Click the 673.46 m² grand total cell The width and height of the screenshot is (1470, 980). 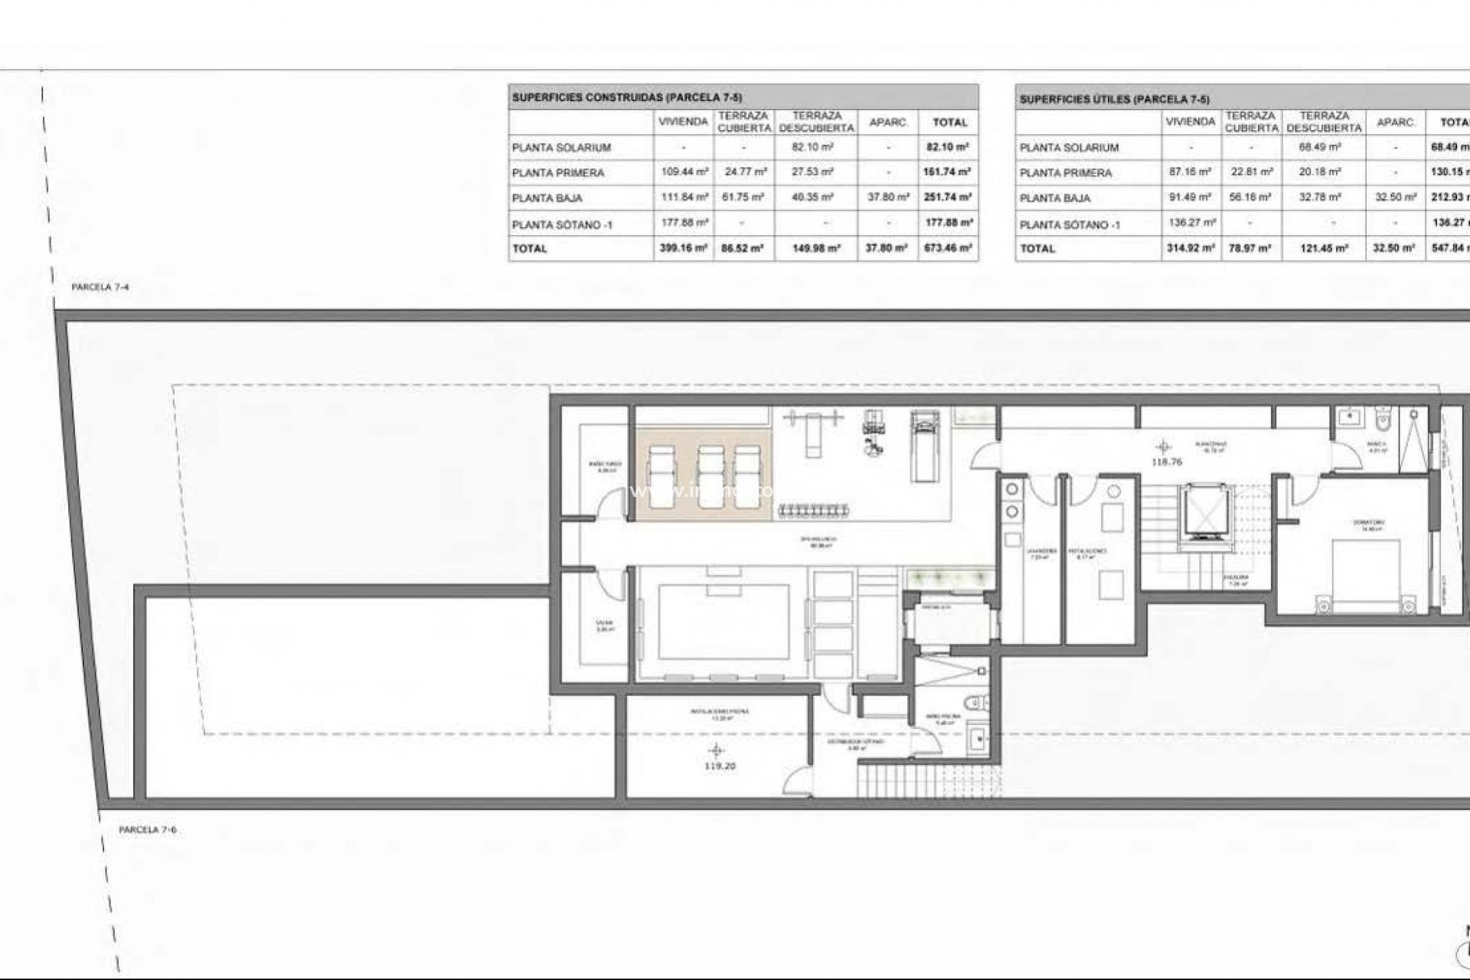[x=948, y=248]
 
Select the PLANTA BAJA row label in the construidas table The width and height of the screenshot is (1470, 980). [x=547, y=198]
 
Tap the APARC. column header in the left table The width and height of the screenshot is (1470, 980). [x=888, y=122]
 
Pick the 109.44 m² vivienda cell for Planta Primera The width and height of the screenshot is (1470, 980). [x=684, y=172]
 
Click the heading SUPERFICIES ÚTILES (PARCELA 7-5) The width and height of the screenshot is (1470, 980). [x=1114, y=100]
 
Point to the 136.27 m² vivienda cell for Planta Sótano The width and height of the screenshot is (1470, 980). [x=1190, y=223]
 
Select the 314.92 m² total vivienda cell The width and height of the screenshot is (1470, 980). [x=1190, y=248]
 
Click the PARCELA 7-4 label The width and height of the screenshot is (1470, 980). [x=100, y=287]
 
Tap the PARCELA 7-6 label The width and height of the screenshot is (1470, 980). [x=148, y=830]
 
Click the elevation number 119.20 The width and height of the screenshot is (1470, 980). [x=718, y=766]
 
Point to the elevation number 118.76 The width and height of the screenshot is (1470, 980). [x=1166, y=462]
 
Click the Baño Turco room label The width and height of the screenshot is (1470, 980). [x=605, y=467]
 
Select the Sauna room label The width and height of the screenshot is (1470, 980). [x=605, y=626]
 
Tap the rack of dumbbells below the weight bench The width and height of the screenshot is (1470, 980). [x=814, y=509]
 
